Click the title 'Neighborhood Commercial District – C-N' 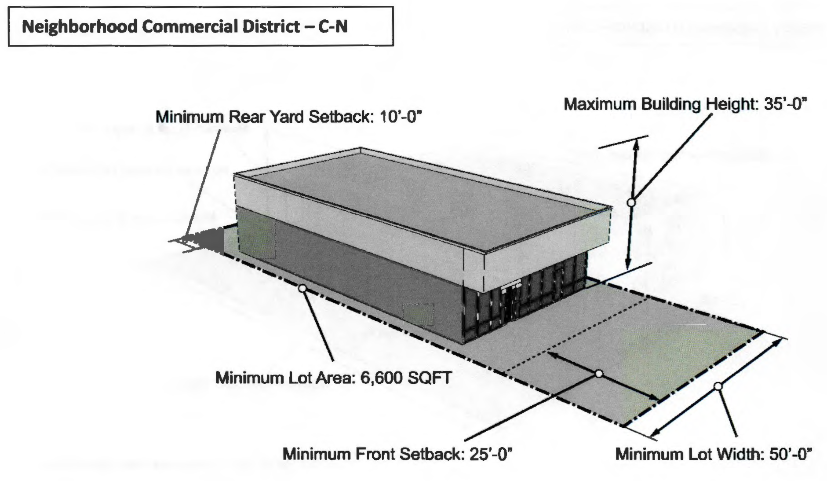point(185,27)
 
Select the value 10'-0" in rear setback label point(400,117)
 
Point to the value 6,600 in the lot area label point(382,378)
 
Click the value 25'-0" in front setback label point(491,454)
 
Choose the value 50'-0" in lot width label point(790,454)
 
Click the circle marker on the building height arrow point(631,202)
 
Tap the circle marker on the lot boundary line point(302,289)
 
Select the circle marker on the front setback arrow point(599,374)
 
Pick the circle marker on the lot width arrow point(718,386)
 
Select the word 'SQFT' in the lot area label point(430,378)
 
